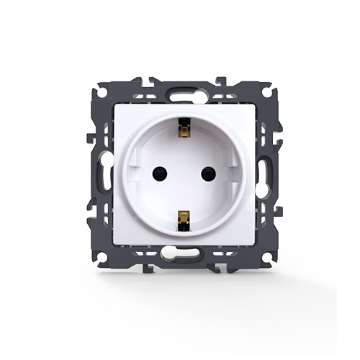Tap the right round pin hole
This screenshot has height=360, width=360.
tap(209, 173)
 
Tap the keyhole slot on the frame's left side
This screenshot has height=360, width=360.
tap(99, 173)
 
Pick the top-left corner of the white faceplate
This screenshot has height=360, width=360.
tap(114, 105)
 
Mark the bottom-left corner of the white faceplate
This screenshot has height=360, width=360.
tap(114, 241)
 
